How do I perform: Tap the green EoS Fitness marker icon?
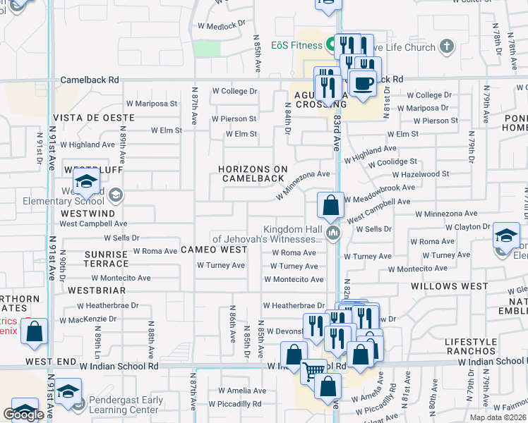(x=330, y=46)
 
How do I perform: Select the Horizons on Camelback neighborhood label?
(x=253, y=173)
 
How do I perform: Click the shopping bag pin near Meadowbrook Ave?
(x=330, y=207)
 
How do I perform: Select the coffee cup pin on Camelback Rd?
(x=363, y=83)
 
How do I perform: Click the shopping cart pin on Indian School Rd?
(x=313, y=369)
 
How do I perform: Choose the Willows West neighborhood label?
(x=449, y=286)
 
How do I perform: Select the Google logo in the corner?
(x=23, y=415)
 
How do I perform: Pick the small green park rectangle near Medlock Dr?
(x=206, y=48)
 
